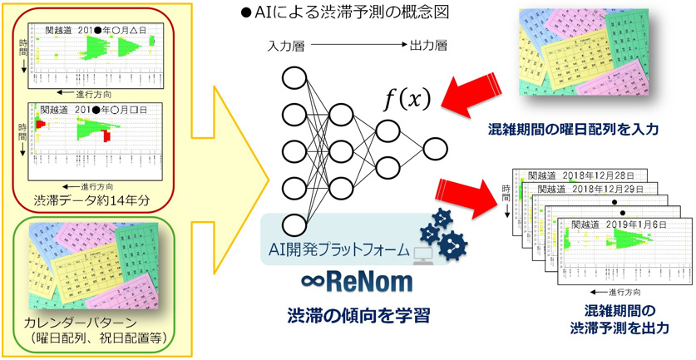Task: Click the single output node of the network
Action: [435, 150]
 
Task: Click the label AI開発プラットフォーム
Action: [340, 249]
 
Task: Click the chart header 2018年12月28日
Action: [596, 175]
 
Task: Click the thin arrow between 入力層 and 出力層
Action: [358, 47]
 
